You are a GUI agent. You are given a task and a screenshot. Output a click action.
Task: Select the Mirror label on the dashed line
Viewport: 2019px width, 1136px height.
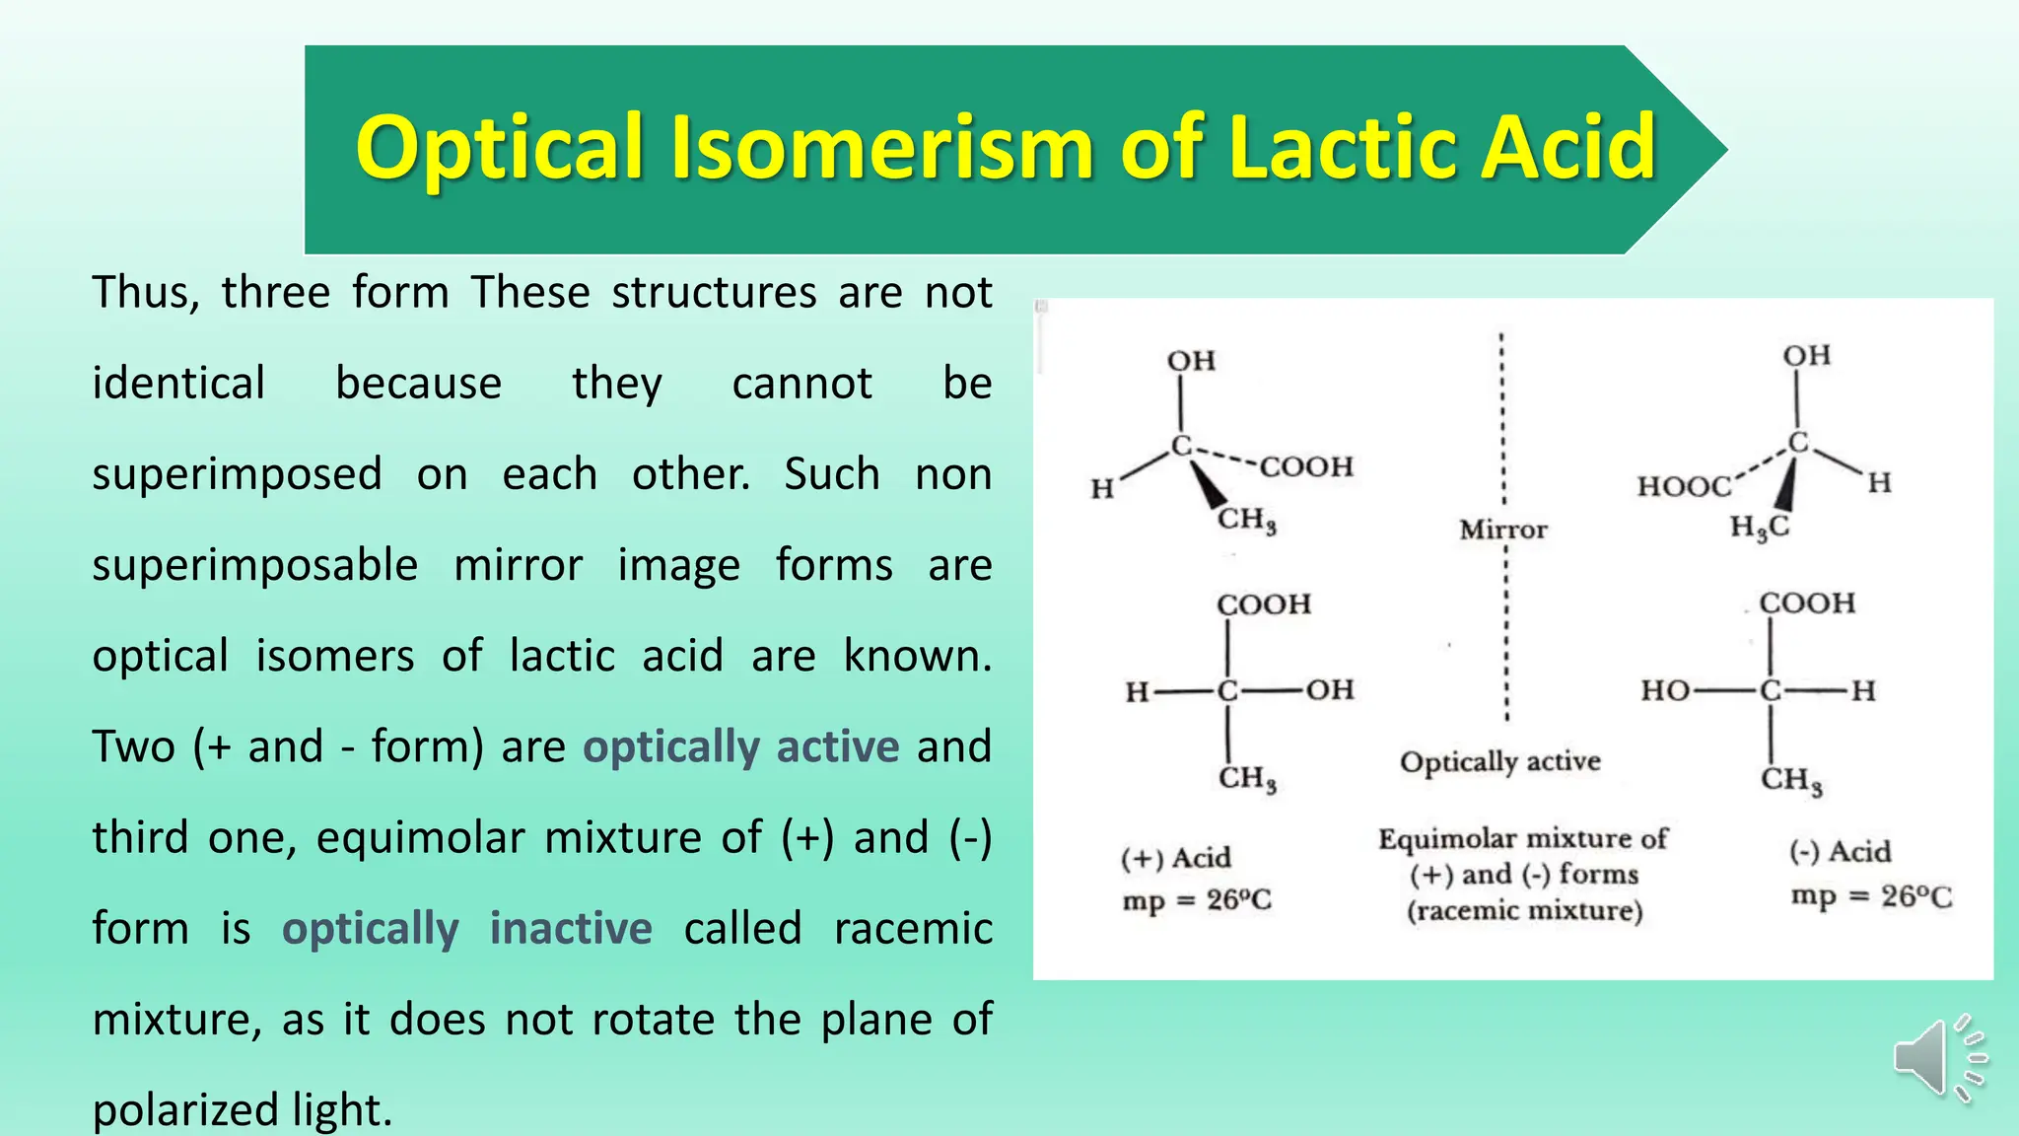point(1503,530)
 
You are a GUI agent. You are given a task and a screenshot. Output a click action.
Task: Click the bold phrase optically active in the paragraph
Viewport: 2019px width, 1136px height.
point(740,746)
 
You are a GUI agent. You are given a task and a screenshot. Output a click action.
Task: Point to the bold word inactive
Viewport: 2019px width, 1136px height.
point(571,928)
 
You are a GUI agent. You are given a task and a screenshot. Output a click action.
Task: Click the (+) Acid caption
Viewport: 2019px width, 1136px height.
point(1175,857)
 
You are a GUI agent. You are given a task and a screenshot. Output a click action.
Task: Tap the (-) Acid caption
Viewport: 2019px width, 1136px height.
point(1840,851)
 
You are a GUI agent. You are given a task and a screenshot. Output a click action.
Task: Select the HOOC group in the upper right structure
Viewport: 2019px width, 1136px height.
point(1684,486)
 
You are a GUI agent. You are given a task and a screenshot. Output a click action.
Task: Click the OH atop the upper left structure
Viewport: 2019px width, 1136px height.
point(1191,361)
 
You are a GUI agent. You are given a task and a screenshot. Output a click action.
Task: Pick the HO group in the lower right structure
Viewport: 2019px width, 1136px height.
point(1665,690)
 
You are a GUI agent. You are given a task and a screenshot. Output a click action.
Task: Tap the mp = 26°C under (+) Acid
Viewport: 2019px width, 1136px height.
point(1197,899)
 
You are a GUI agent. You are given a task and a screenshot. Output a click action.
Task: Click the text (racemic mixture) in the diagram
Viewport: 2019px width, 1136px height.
point(1524,909)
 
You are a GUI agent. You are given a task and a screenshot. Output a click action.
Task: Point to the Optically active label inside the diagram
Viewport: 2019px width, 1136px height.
point(1499,761)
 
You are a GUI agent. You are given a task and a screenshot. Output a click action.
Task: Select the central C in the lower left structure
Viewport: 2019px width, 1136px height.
point(1227,690)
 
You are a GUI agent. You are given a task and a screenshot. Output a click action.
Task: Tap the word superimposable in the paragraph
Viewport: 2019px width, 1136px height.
point(254,565)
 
